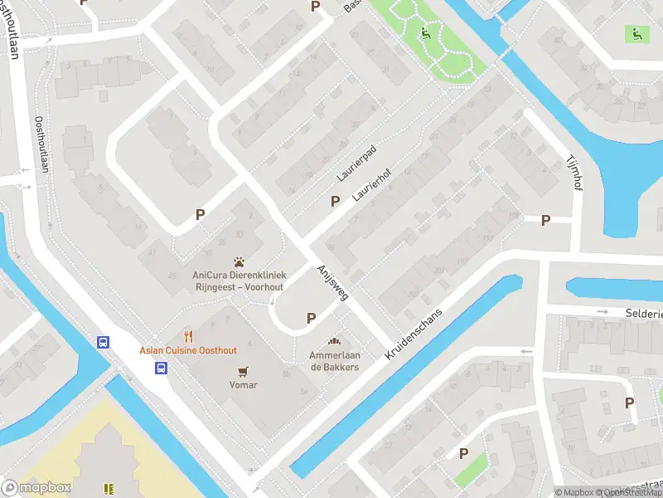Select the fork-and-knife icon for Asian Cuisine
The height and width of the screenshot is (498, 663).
click(189, 336)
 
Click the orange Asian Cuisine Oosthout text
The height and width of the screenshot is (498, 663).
click(188, 350)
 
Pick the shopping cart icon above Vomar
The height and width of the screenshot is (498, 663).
click(243, 371)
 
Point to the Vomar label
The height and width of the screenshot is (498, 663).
click(243, 385)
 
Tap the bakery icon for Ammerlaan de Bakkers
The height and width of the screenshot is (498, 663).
click(335, 341)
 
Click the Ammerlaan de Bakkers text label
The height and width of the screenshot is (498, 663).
click(335, 361)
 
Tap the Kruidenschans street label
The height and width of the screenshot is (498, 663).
click(415, 334)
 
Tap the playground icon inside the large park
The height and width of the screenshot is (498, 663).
click(425, 34)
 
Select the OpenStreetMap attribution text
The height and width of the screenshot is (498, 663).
click(626, 492)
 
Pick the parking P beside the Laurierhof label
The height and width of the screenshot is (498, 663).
click(335, 201)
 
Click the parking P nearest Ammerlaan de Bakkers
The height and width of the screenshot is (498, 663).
click(312, 317)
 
